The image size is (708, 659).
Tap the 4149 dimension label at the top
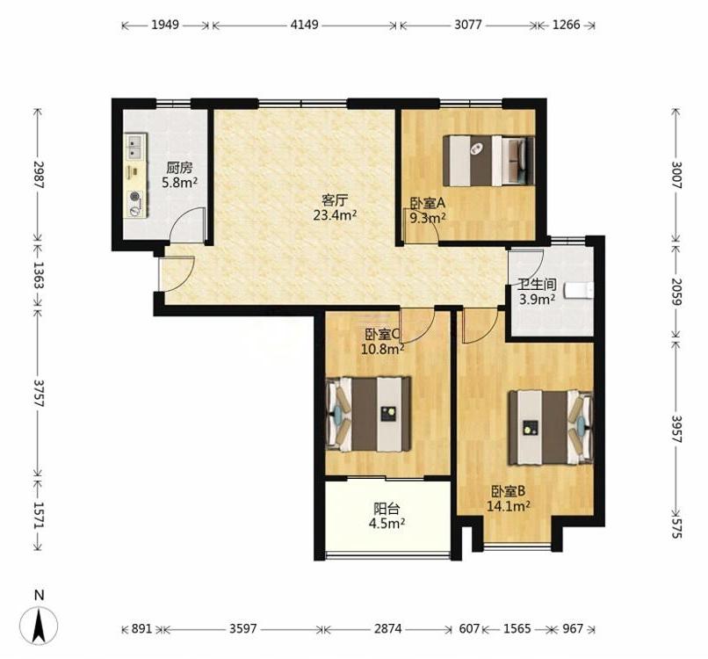coord(304,25)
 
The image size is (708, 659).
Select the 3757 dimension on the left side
coord(39,393)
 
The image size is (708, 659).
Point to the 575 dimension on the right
coord(675,528)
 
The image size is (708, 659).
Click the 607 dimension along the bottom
coord(469,628)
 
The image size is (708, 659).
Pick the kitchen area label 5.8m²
coord(180,183)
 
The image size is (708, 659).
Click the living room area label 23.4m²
coord(335,215)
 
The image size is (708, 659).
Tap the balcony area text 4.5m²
coord(387,524)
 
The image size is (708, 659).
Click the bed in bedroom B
coord(551,428)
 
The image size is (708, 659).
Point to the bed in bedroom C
coord(368,414)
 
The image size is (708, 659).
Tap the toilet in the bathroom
coord(580,290)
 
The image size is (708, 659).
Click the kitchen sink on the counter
coord(135,147)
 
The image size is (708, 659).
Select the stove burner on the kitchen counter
coord(134,197)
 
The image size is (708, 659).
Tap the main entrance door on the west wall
coord(176,273)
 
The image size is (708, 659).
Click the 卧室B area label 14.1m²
coord(508,506)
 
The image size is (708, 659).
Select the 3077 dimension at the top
coord(468,25)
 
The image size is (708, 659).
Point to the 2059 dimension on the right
coord(675,292)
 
